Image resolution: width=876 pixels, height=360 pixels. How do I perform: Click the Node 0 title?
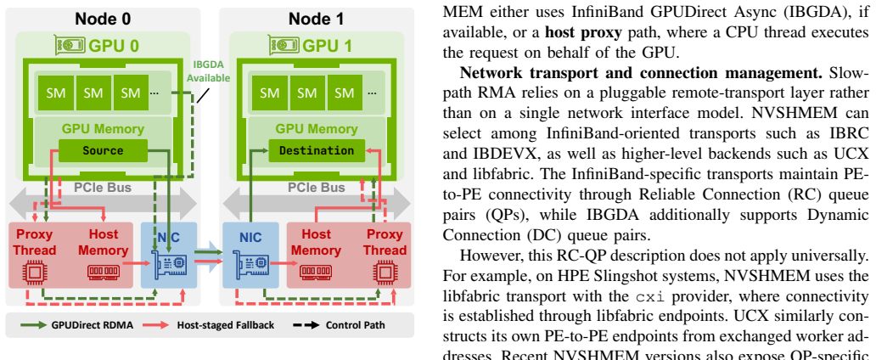click(103, 19)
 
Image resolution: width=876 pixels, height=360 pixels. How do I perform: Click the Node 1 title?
click(317, 19)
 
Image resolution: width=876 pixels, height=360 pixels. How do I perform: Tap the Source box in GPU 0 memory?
click(103, 151)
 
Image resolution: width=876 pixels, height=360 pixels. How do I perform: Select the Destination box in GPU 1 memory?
click(317, 151)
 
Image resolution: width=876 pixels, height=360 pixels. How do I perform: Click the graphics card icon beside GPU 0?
click(70, 45)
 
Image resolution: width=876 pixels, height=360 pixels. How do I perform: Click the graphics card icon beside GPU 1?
click(284, 45)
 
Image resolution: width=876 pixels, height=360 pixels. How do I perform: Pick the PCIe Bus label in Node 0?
click(103, 188)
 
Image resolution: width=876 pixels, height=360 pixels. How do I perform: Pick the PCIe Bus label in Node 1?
click(317, 188)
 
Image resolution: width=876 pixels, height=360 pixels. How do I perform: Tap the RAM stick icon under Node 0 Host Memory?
click(104, 273)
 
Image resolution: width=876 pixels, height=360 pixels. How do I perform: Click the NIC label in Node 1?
click(250, 238)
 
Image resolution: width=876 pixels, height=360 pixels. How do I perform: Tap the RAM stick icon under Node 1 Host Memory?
click(316, 273)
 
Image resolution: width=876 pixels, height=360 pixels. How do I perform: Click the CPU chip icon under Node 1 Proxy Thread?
click(385, 273)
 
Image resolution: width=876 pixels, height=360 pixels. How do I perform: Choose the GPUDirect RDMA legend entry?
click(77, 325)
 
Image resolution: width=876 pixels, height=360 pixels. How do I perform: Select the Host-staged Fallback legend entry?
click(208, 325)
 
